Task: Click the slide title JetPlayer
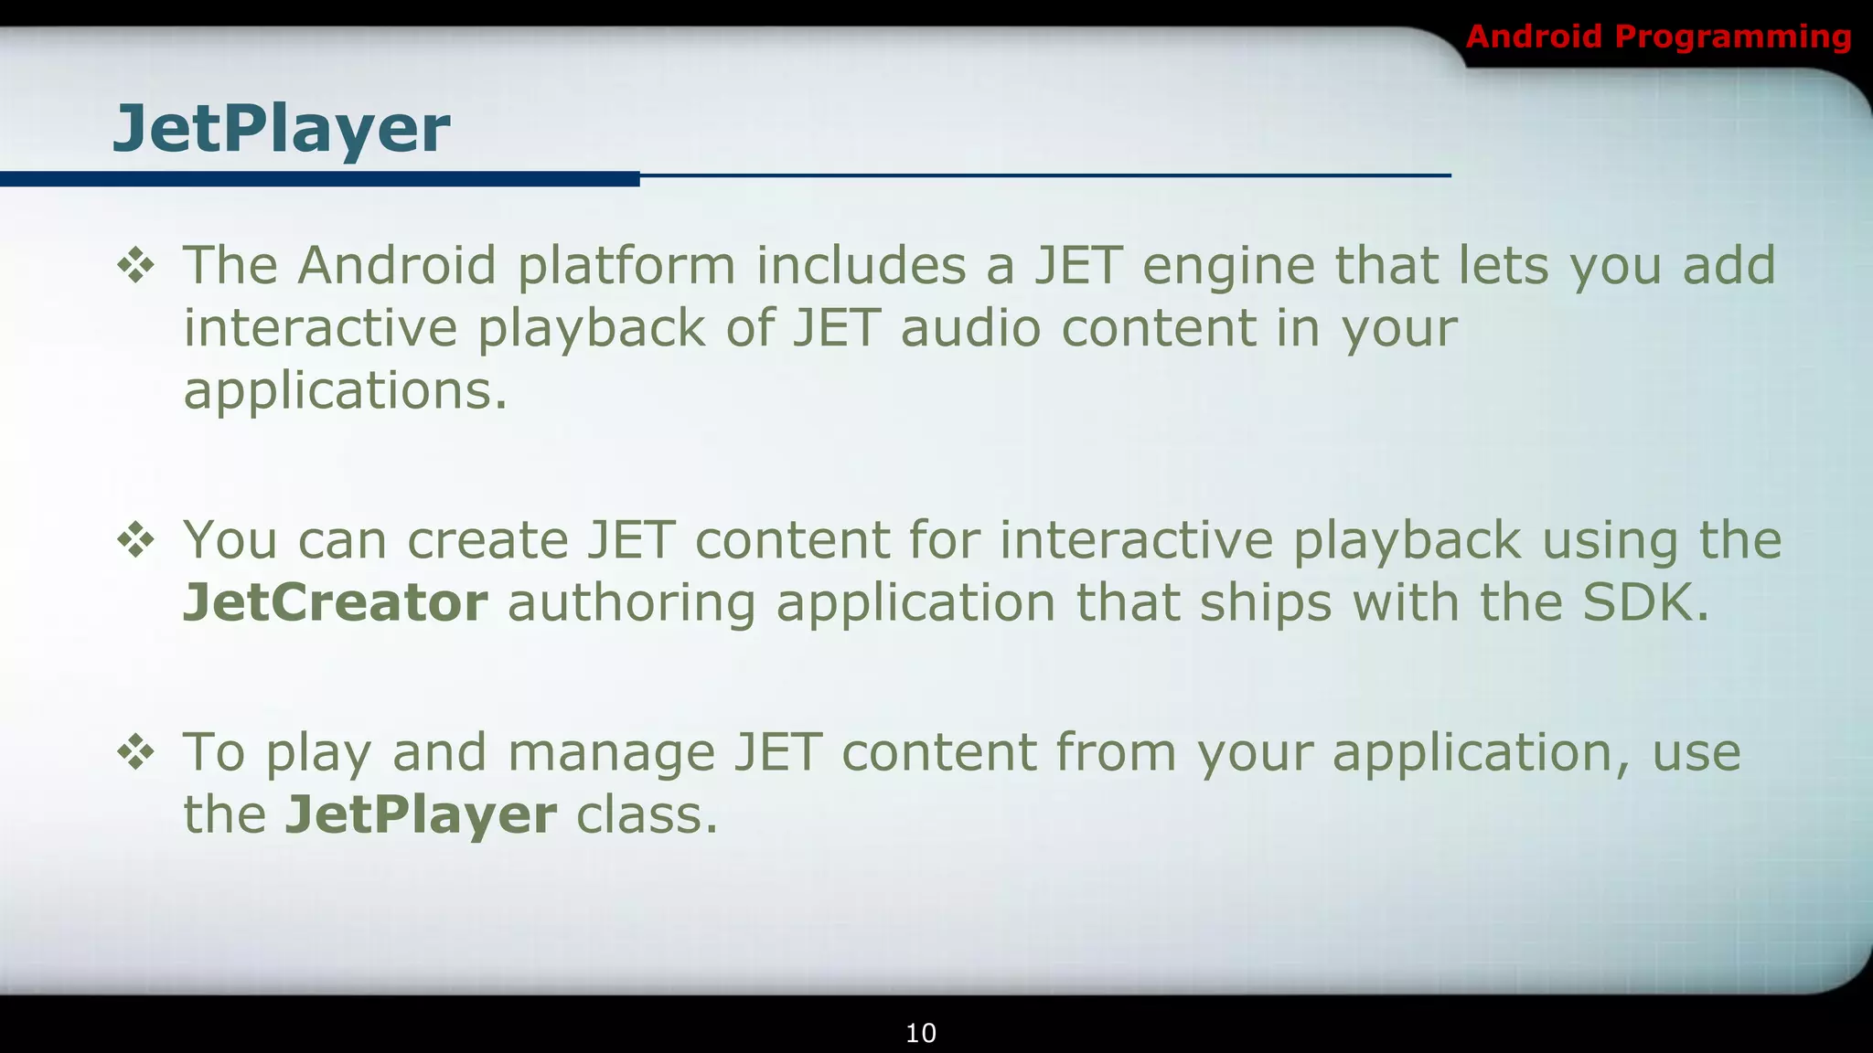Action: [x=281, y=129]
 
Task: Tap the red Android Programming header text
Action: [x=1657, y=37]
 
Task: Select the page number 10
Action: [x=920, y=1033]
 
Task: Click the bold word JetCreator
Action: [x=335, y=603]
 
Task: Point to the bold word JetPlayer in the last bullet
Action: [x=421, y=815]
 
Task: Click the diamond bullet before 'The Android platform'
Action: [x=136, y=267]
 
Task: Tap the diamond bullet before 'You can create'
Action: [x=136, y=540]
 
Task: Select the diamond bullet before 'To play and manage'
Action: [x=136, y=753]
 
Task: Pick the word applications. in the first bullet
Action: [x=345, y=391]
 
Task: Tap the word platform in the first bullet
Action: [x=626, y=267]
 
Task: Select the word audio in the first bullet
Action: [x=970, y=329]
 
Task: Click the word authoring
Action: [x=631, y=603]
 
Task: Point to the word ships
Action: [x=1266, y=603]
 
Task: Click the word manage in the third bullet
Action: [x=611, y=753]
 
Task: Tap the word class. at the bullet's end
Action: [x=647, y=815]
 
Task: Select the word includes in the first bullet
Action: [x=861, y=267]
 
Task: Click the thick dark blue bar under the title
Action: [x=320, y=179]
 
